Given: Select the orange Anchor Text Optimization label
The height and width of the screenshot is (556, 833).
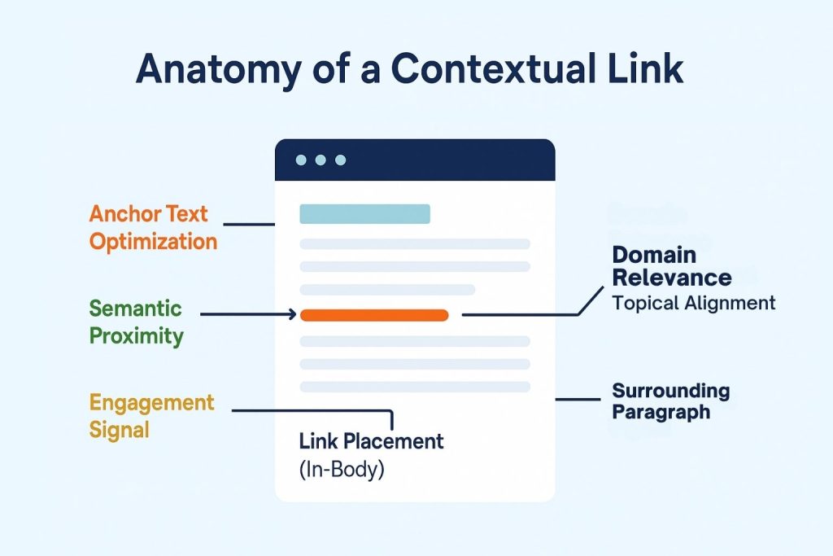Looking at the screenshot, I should [153, 228].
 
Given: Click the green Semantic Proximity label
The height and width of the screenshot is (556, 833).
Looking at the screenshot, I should [136, 322].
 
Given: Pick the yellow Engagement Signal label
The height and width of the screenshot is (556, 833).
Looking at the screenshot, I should [152, 415].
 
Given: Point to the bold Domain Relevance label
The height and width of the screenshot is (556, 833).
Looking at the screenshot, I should [671, 265].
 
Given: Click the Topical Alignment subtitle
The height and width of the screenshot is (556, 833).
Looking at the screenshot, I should [693, 304].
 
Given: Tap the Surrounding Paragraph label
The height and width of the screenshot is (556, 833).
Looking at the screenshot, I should [670, 401].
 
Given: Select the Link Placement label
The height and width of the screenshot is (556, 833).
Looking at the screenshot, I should [371, 441].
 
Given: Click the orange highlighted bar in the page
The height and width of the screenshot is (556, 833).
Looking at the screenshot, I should [374, 315].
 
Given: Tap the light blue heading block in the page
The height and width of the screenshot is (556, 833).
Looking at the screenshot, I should [364, 214].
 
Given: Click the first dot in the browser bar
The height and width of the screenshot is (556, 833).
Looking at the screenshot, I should [301, 160].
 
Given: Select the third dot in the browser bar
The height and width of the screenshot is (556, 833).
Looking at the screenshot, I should [340, 160].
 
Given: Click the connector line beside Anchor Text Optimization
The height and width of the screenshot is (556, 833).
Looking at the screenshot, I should [248, 224].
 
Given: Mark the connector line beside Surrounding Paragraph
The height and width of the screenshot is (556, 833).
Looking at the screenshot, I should [577, 400].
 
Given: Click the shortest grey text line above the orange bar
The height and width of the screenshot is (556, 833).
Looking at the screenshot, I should [387, 290].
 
